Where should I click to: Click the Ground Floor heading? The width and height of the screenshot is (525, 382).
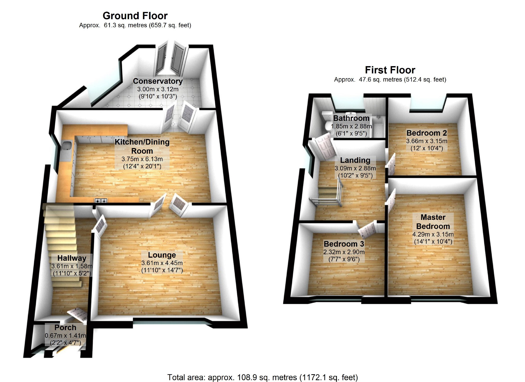pos(135,16)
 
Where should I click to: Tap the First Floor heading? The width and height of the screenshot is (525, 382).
pos(390,70)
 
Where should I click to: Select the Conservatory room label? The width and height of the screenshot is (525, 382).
pos(158,81)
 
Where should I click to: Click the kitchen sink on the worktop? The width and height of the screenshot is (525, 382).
pos(67,145)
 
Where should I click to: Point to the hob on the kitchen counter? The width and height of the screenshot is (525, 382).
pos(101,200)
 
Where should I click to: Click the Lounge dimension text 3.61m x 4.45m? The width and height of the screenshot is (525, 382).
pos(162,263)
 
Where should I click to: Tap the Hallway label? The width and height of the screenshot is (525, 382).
pos(72,258)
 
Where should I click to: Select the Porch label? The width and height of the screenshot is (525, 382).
pos(65,328)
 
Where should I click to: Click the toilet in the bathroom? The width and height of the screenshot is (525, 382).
pos(327,122)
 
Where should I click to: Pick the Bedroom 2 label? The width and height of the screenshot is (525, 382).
pos(426,133)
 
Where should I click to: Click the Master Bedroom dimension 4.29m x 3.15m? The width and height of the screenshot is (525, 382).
pos(433,234)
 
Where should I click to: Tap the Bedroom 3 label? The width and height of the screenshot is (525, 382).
pos(344,244)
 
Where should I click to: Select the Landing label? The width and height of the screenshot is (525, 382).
pos(355,160)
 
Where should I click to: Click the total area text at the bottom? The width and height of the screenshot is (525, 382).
pos(262,377)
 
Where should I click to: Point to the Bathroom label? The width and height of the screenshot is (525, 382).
pos(351,118)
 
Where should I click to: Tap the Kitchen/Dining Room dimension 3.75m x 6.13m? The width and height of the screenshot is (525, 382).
pos(142,159)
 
